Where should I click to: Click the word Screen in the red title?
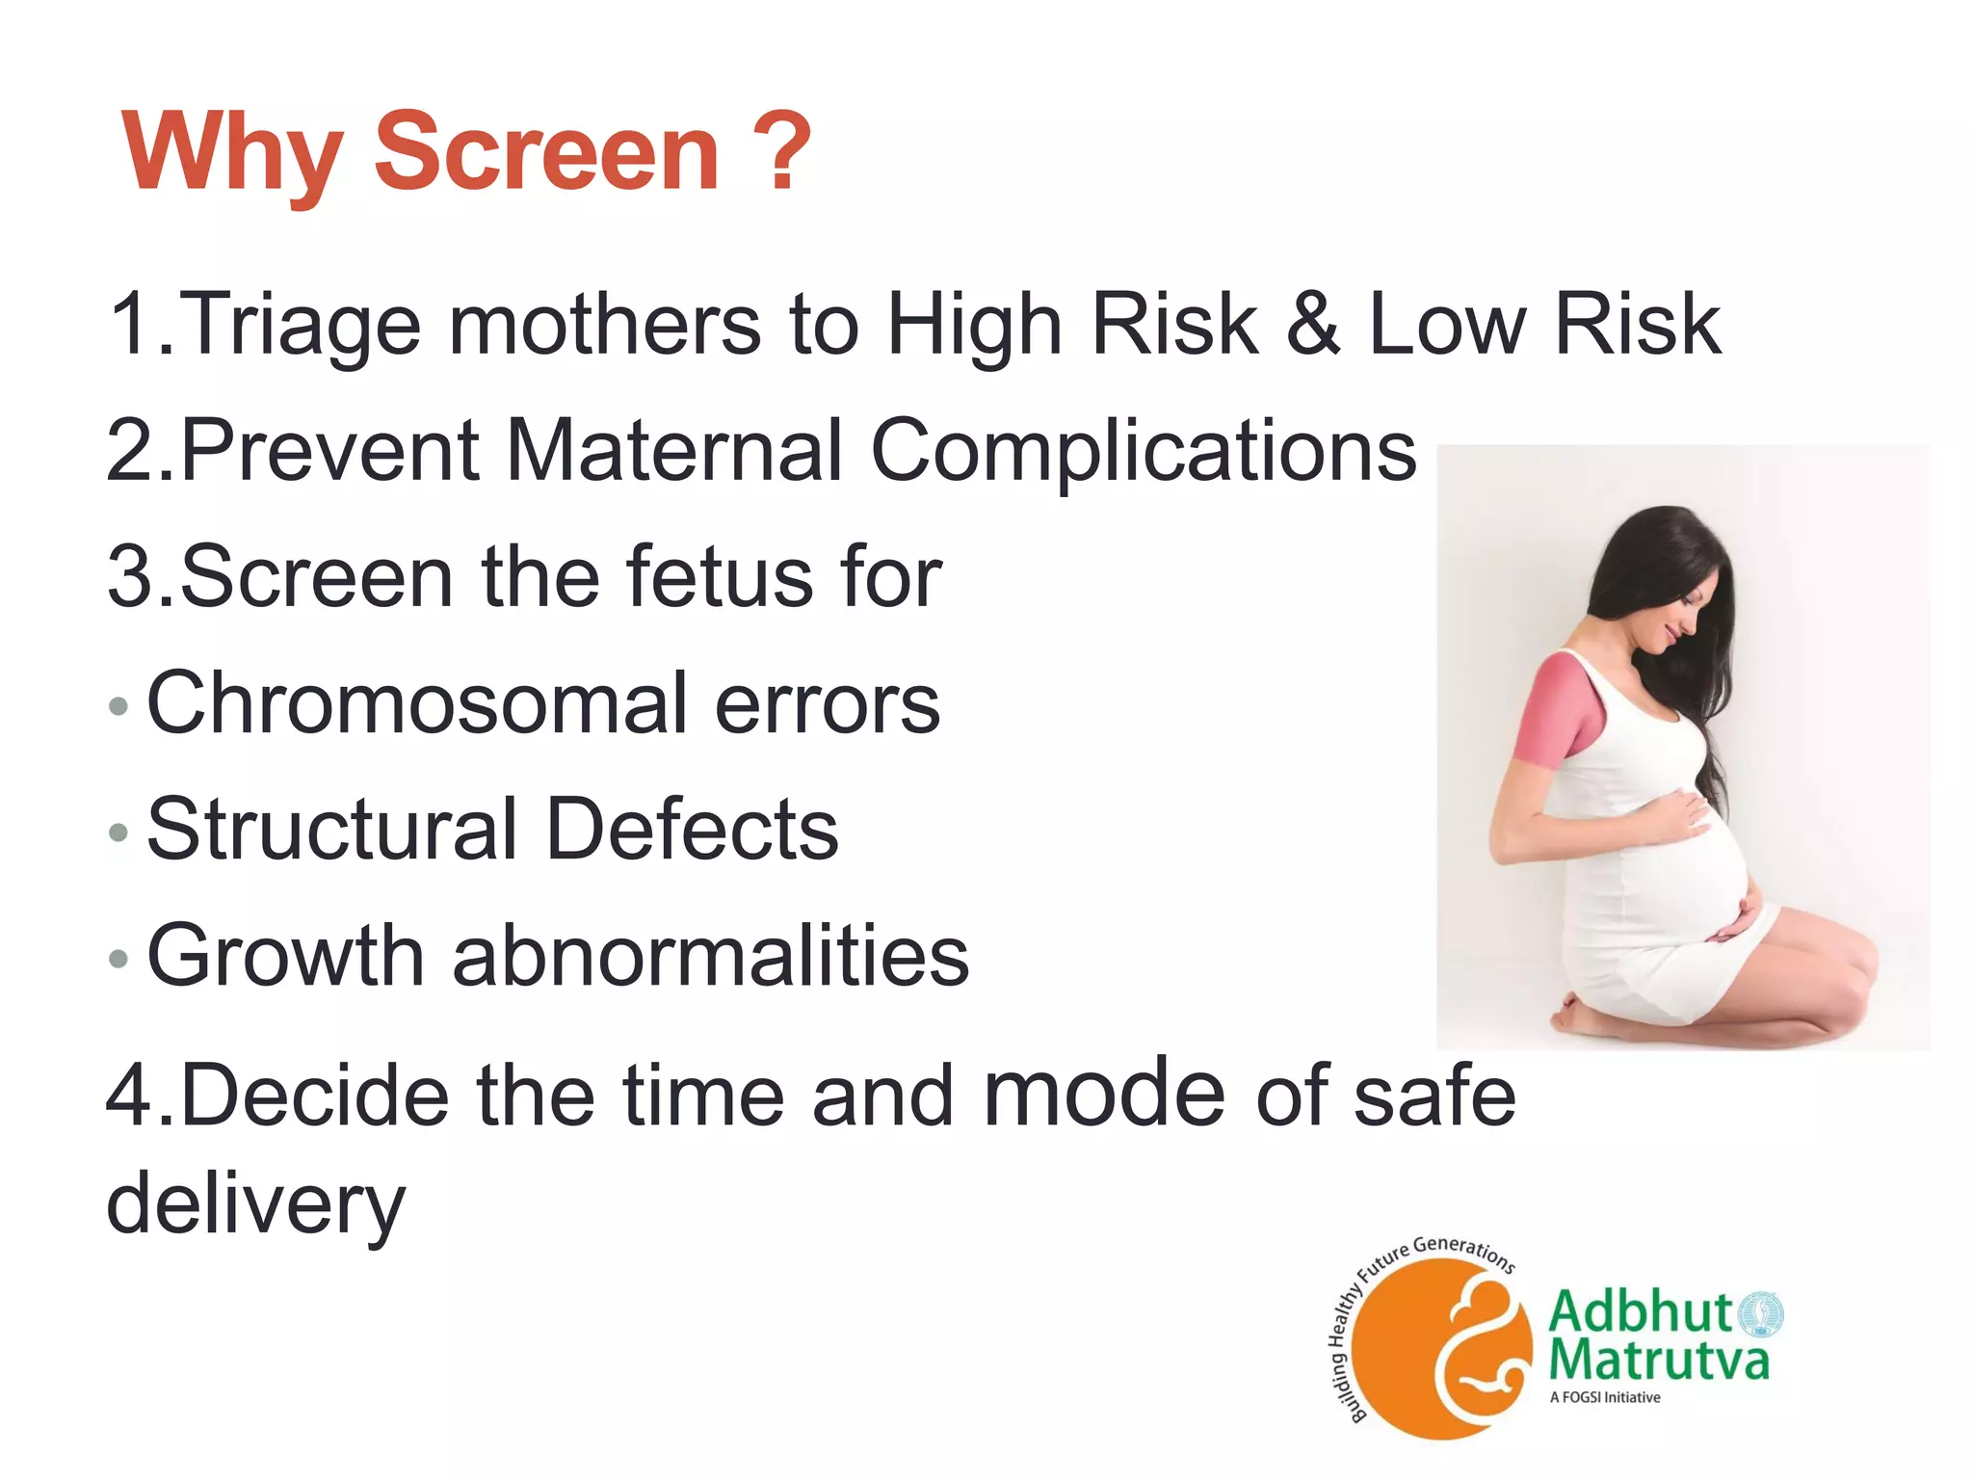pyautogui.click(x=546, y=152)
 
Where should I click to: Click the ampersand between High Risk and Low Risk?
pyautogui.click(x=1314, y=324)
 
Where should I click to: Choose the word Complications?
pyautogui.click(x=1144, y=454)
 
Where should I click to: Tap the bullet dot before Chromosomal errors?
pyautogui.click(x=118, y=706)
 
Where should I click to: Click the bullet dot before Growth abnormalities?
pyautogui.click(x=118, y=959)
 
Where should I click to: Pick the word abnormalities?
pyautogui.click(x=711, y=956)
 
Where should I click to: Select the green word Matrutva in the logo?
pyautogui.click(x=1659, y=1361)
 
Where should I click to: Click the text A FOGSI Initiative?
pyautogui.click(x=1605, y=1397)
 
